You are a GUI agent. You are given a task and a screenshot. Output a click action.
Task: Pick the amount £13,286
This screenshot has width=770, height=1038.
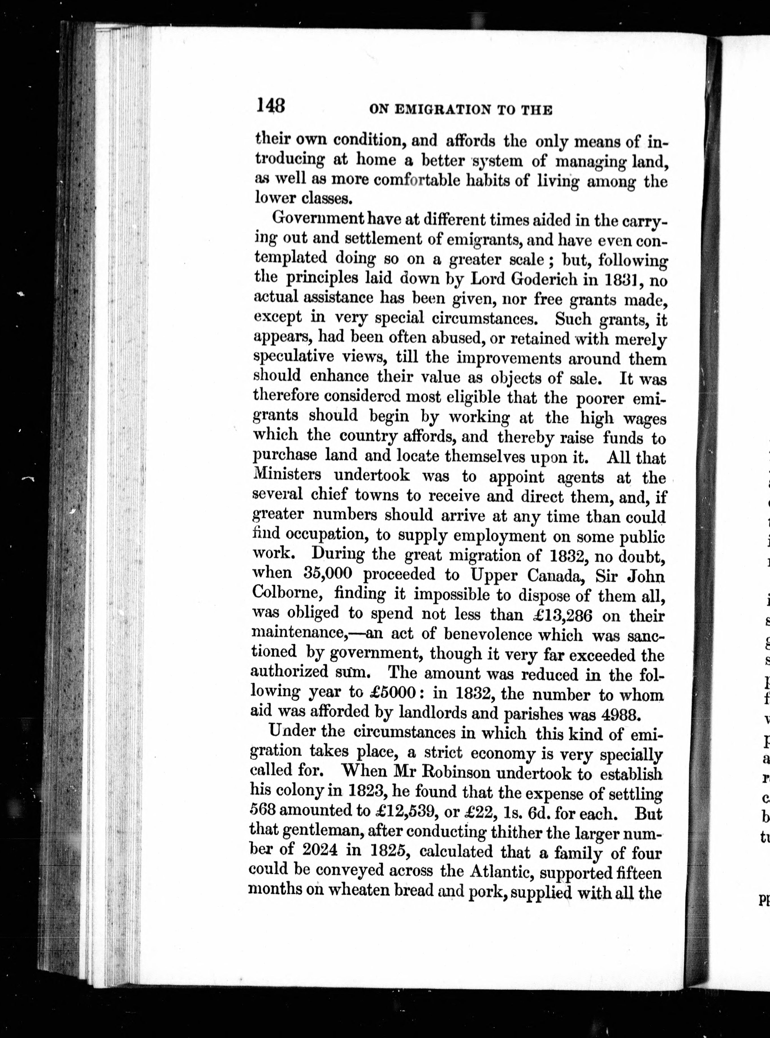pyautogui.click(x=562, y=615)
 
